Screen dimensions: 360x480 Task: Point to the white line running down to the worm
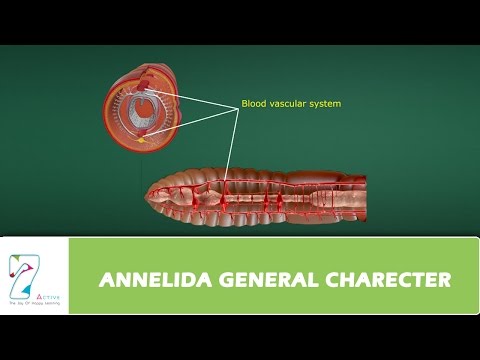tap(231, 140)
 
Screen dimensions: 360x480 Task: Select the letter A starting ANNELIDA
tap(105, 280)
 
